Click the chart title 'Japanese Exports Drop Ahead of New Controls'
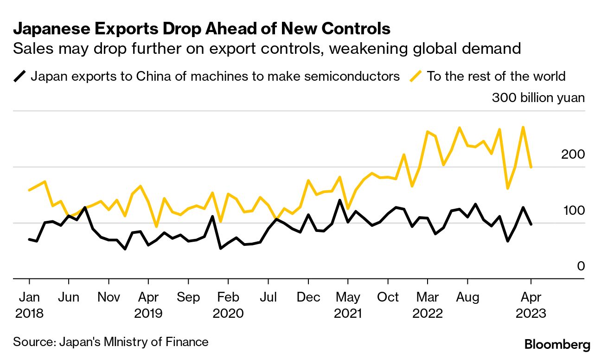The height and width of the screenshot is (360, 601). (201, 29)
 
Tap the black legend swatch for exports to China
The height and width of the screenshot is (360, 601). (20, 76)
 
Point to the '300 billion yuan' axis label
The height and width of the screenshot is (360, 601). (538, 98)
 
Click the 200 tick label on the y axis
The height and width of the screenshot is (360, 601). (573, 154)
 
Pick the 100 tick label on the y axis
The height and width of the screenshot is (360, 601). (573, 211)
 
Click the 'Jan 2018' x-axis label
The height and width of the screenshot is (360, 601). (29, 305)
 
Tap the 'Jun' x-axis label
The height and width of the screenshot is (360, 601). (69, 297)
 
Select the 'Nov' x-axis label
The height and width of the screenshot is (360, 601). (109, 297)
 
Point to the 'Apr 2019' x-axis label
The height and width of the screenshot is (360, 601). (148, 305)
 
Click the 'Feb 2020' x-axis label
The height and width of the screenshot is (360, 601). (228, 305)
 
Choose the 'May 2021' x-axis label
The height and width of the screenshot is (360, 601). (348, 305)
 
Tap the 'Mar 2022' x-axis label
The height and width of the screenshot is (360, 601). (428, 305)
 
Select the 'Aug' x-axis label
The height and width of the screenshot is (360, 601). (467, 297)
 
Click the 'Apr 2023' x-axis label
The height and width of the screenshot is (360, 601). (531, 305)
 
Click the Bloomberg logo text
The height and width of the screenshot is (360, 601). (557, 345)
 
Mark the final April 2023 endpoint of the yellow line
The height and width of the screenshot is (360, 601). (531, 167)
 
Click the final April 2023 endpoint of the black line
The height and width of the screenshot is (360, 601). (531, 224)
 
